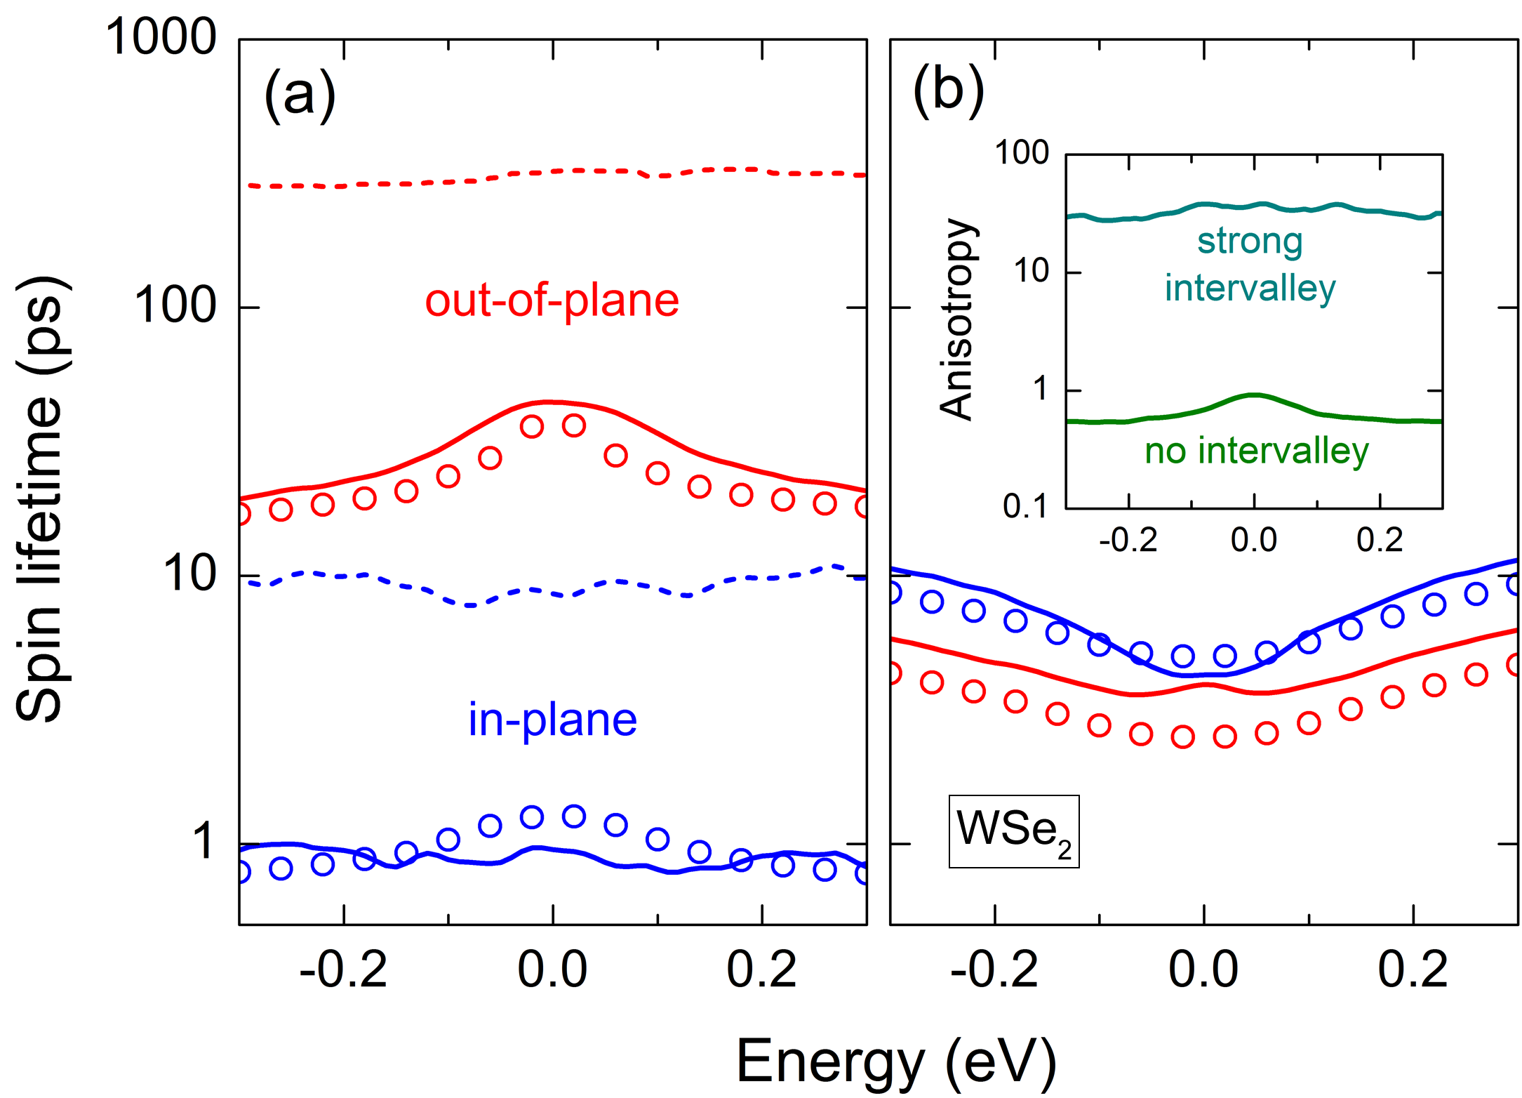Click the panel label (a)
300,95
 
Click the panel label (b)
948,91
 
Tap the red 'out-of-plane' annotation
552,300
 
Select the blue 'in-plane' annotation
552,720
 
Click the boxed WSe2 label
1013,831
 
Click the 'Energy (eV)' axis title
896,1062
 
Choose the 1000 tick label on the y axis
161,37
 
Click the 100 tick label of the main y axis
175,306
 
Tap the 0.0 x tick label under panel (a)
552,970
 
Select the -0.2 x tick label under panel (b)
994,970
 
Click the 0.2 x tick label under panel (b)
1413,970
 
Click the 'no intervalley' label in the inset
1256,451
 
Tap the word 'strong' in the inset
1250,241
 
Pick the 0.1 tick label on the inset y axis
1025,506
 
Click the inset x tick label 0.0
1254,540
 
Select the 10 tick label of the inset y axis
1031,271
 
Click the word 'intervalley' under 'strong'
1250,288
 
